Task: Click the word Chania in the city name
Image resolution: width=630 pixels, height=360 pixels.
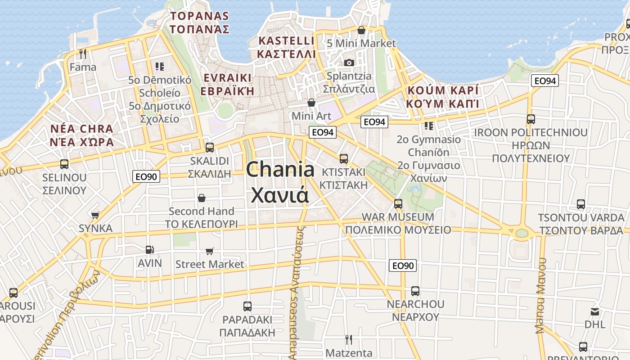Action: pos(280,170)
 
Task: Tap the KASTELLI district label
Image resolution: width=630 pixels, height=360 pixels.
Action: pos(286,41)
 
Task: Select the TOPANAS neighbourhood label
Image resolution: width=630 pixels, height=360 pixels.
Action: pos(200,17)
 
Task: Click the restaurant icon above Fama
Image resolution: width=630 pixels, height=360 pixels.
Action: pos(82,54)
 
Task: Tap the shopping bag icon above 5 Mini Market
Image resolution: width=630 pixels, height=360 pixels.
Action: pos(361,30)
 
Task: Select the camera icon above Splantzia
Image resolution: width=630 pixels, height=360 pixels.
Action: pos(349,63)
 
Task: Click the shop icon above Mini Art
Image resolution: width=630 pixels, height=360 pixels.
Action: pos(311,103)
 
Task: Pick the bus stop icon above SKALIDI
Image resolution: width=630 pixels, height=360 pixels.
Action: pos(209,147)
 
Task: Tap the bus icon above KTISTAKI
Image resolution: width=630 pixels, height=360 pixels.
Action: pos(344,158)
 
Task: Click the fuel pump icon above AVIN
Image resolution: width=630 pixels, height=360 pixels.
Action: pos(149,249)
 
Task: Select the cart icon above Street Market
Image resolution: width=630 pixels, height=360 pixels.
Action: pos(210,251)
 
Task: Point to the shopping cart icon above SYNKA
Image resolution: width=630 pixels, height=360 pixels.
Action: pos(95,215)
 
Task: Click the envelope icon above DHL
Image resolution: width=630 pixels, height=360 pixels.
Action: pos(595,311)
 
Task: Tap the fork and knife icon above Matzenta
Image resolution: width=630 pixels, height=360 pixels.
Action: pos(349,339)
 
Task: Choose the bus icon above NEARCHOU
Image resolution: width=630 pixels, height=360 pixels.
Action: pos(415,291)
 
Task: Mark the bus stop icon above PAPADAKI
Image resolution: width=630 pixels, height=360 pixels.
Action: pos(247,306)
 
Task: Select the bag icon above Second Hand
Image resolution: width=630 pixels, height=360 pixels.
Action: pos(202,198)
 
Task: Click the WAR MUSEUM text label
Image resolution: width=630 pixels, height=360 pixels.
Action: pos(398,217)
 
